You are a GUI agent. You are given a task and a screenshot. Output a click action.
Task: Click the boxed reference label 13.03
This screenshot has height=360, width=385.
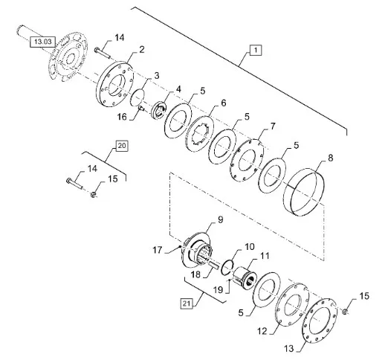[42, 42]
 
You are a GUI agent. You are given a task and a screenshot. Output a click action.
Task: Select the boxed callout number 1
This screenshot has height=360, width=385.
[256, 50]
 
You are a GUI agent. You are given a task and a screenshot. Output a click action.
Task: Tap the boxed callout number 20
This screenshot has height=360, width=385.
[122, 146]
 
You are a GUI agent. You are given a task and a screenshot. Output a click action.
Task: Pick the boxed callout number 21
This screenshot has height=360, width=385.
[187, 303]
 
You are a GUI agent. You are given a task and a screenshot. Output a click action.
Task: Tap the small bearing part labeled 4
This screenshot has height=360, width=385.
[159, 109]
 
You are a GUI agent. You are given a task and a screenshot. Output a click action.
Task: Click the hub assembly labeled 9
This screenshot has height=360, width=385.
[195, 251]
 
